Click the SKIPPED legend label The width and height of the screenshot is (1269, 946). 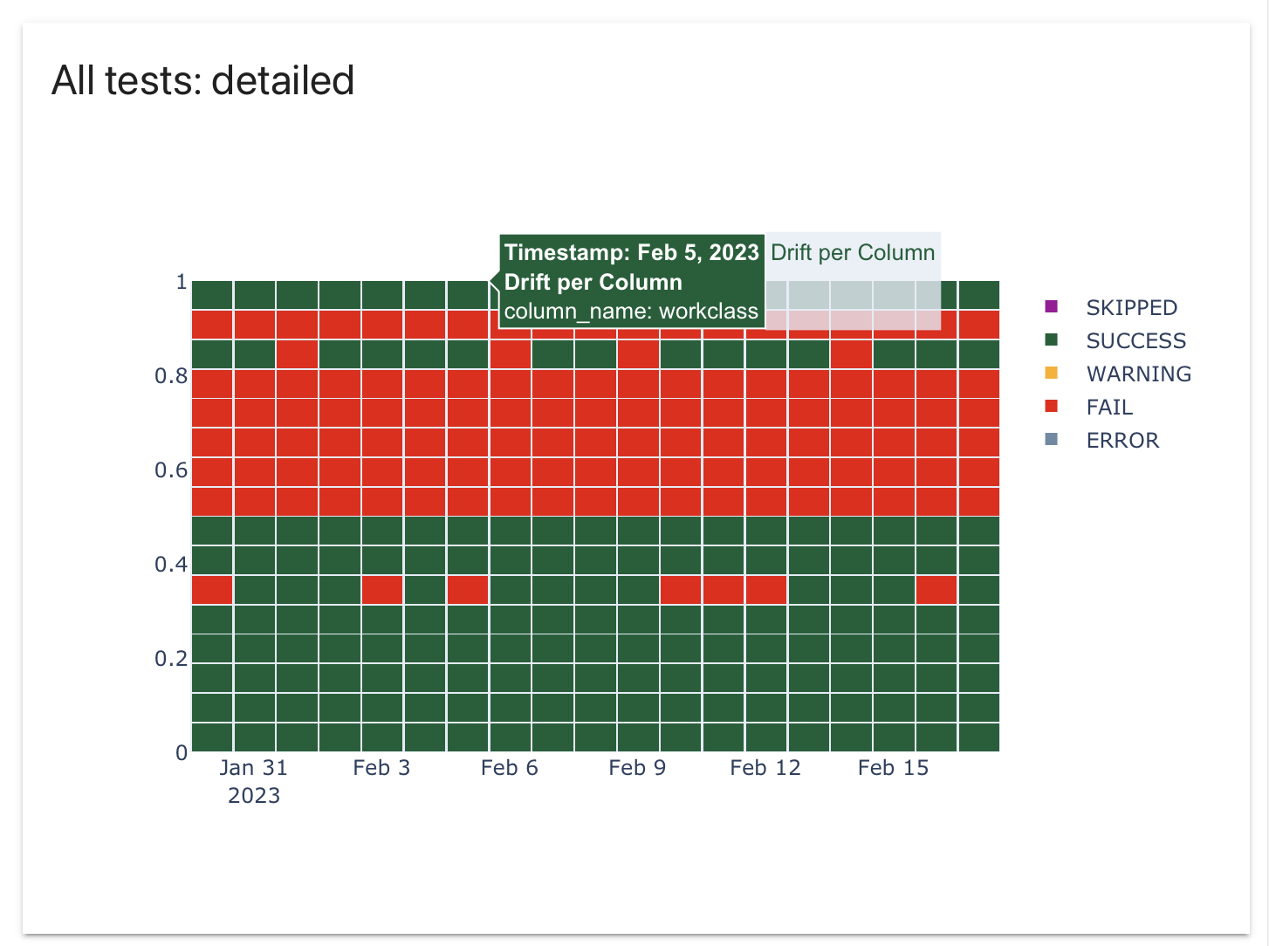pos(1131,307)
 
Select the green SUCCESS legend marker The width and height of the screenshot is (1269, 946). pos(1052,339)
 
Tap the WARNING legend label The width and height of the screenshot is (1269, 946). pos(1138,374)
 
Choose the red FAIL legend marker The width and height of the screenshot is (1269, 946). pos(1052,406)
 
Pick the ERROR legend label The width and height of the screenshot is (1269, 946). pos(1122,440)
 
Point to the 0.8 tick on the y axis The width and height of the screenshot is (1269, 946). pos(171,376)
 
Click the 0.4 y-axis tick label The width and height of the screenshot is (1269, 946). pos(171,565)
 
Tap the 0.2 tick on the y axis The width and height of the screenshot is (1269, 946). pos(171,659)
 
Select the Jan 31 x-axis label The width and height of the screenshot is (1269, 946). pos(253,768)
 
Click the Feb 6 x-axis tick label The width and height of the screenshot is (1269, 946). pos(510,768)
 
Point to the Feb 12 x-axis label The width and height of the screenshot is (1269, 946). pos(765,768)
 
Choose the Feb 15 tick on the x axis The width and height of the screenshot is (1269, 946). pos(893,768)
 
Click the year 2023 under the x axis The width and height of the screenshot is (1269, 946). pos(254,796)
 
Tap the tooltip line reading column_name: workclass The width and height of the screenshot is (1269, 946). pos(631,312)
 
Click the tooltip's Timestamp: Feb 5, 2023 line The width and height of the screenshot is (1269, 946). pos(631,252)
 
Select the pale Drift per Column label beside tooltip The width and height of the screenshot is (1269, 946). pos(853,252)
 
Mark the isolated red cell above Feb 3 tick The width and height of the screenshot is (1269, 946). pos(382,590)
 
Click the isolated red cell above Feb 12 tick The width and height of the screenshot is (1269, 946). pos(766,590)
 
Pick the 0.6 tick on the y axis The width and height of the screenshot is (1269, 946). pos(171,470)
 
